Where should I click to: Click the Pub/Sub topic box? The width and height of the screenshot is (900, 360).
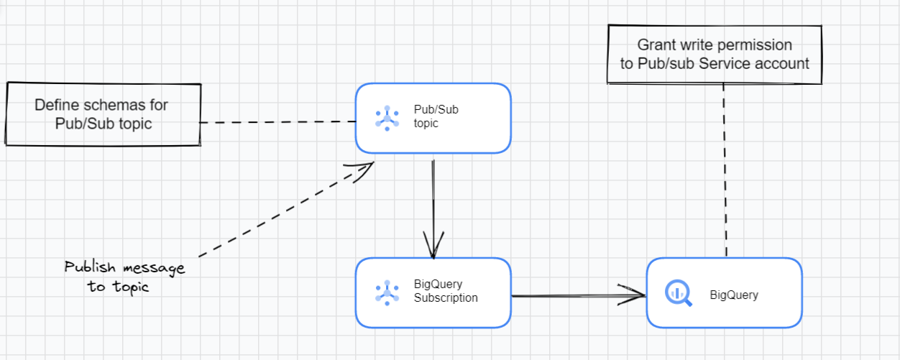point(433,119)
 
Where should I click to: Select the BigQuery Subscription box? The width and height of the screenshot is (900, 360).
point(433,292)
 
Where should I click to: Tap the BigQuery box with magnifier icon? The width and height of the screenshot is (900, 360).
point(724,293)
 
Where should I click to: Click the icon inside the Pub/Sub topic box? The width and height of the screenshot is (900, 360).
point(387,118)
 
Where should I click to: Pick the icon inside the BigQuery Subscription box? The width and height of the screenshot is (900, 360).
point(387,292)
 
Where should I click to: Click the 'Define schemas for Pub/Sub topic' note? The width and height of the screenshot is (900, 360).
point(102,114)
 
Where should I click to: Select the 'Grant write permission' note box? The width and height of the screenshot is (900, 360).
point(715,55)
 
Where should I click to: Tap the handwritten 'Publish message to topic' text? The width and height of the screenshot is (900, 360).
point(124,277)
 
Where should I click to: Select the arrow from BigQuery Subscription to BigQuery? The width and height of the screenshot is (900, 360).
point(575,295)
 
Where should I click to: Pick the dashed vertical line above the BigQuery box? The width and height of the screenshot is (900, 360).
point(724,172)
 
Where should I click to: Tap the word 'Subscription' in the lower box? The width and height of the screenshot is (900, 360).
point(446,297)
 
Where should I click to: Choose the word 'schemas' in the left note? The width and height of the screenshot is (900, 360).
point(109,105)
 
